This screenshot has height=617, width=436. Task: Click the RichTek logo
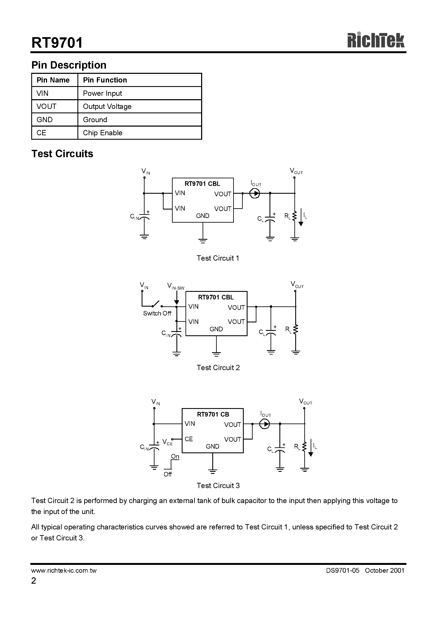click(375, 41)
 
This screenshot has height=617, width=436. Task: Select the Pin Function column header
click(105, 80)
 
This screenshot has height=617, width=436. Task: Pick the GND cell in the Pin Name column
click(45, 120)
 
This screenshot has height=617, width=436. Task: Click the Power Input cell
click(102, 93)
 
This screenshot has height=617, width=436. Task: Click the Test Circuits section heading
click(62, 154)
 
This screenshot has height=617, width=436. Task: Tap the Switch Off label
click(157, 313)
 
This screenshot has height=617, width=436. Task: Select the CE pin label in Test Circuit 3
click(188, 439)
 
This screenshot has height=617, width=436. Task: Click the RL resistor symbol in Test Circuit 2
click(295, 329)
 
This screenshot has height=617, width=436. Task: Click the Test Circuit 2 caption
click(218, 368)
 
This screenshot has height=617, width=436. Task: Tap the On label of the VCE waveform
click(175, 456)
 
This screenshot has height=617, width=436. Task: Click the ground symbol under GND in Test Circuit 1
click(203, 241)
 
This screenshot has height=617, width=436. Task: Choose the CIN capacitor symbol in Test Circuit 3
click(154, 448)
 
